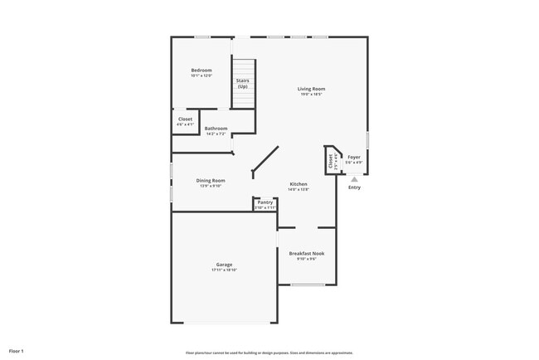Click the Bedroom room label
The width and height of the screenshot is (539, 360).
[202, 70]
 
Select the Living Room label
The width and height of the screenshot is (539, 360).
[312, 89]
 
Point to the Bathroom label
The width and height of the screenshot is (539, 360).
[216, 129]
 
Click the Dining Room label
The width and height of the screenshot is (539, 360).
[211, 180]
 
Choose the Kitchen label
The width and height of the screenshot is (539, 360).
[299, 184]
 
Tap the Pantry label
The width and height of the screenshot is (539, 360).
[265, 202]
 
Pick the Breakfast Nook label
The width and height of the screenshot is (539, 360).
[306, 253]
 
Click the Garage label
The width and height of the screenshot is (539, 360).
[224, 265]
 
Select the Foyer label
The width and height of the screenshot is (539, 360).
[353, 157]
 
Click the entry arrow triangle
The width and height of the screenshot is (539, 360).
[354, 178]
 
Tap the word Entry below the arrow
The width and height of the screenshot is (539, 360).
[354, 187]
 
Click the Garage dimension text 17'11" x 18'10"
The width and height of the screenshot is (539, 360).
[224, 270]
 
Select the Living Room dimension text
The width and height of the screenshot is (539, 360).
[312, 95]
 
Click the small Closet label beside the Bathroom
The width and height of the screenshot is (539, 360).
[185, 119]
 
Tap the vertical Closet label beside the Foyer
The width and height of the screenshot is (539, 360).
[330, 162]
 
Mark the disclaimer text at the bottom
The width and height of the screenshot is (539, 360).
[270, 353]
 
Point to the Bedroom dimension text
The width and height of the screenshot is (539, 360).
[202, 75]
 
